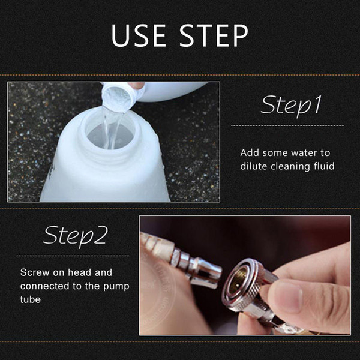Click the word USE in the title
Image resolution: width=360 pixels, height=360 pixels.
pyautogui.click(x=139, y=35)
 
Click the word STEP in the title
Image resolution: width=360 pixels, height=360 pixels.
pyautogui.click(x=214, y=35)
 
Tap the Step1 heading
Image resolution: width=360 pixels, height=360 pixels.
pyautogui.click(x=291, y=106)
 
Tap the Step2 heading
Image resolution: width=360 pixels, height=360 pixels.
pyautogui.click(x=76, y=236)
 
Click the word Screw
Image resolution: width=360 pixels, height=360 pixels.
pyautogui.click(x=35, y=272)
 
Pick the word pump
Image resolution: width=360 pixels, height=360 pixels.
pyautogui.click(x=116, y=287)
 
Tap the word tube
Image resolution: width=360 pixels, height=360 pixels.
pyautogui.click(x=31, y=299)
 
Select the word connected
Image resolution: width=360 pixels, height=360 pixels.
pyautogui.click(x=45, y=286)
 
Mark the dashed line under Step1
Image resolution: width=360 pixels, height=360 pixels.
pyautogui.click(x=287, y=125)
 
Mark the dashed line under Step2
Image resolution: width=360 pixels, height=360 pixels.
pyautogui.click(x=73, y=256)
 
